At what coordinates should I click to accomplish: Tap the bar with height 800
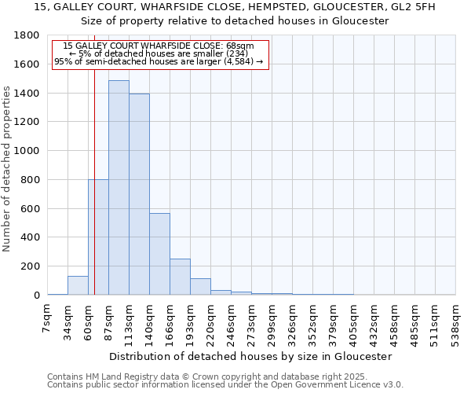point(98,237)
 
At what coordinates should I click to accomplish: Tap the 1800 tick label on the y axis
point(27,36)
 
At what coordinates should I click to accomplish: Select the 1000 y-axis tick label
point(27,151)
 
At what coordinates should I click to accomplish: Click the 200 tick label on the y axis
point(30,266)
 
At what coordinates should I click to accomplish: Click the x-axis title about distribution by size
point(250,356)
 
